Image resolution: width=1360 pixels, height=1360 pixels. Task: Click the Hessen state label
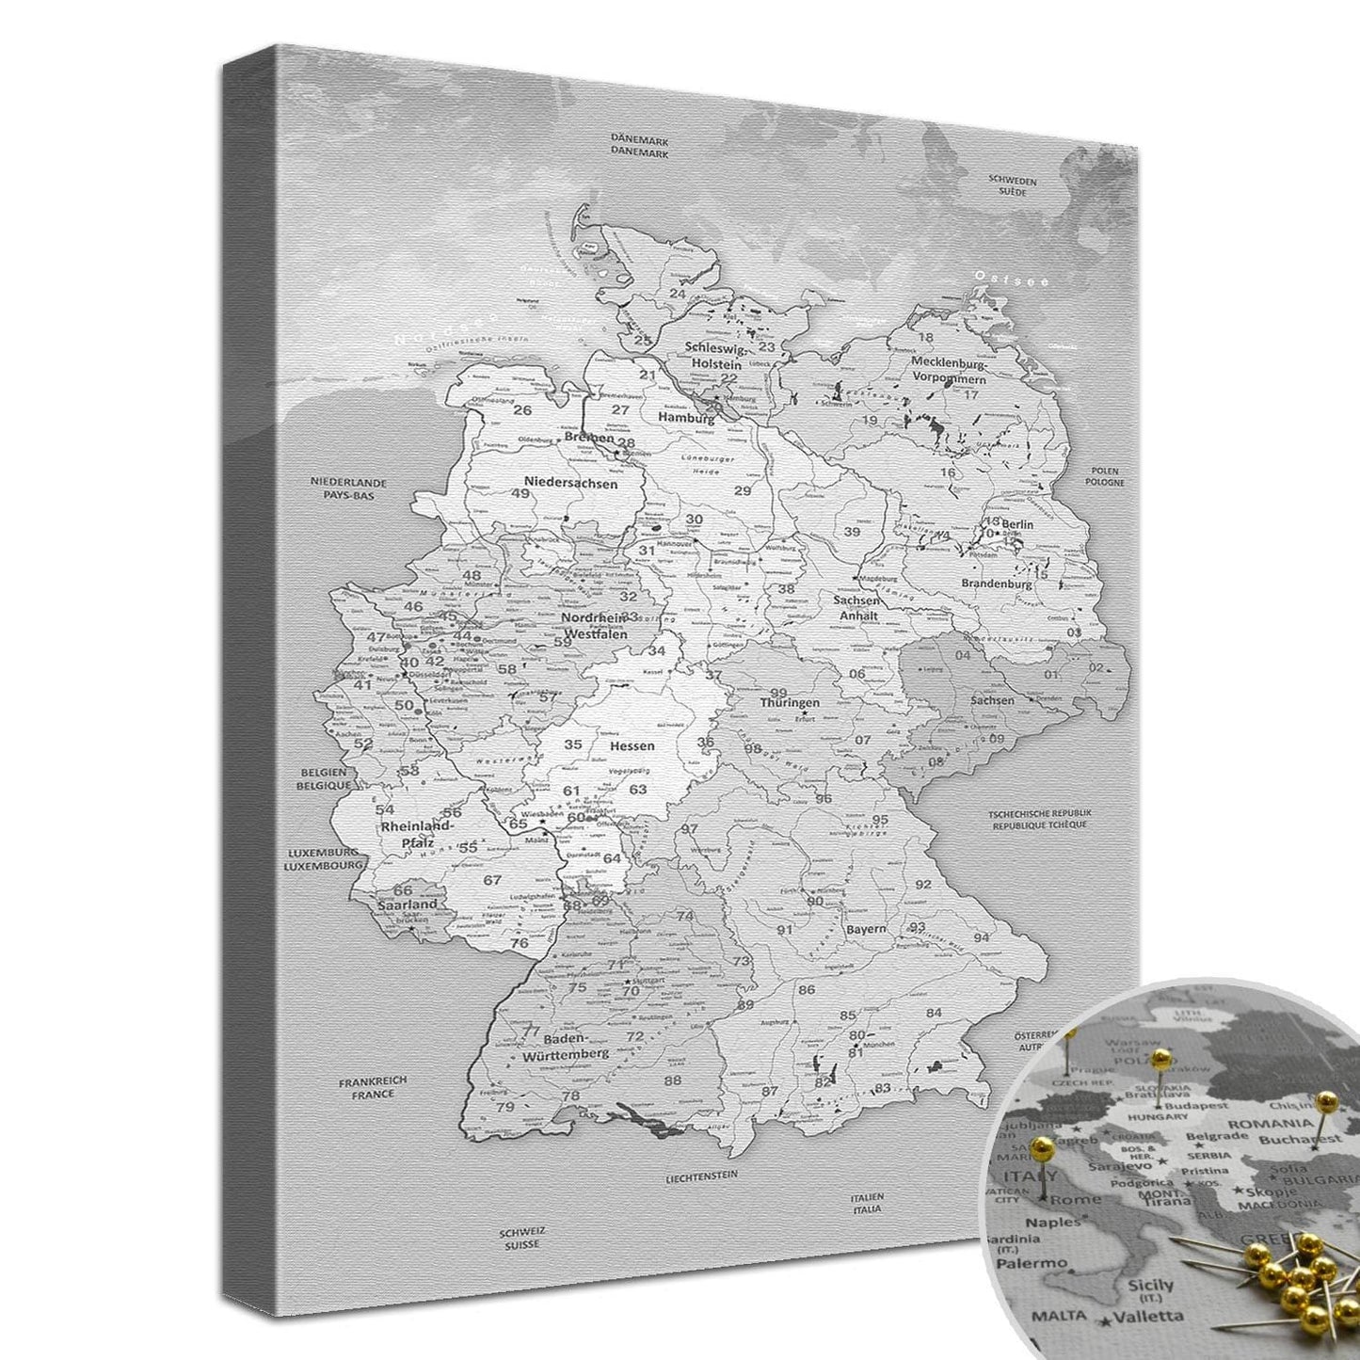point(632,745)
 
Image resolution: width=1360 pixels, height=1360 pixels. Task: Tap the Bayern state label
point(865,929)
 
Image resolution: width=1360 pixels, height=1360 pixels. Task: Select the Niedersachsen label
point(571,484)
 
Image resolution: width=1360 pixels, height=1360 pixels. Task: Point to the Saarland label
point(408,904)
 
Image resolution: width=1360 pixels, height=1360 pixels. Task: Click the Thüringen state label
point(790,702)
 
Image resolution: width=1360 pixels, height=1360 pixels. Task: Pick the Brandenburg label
point(997,584)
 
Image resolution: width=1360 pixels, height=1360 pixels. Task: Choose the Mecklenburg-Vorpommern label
point(948,370)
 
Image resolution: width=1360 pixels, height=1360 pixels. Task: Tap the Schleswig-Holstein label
point(715,354)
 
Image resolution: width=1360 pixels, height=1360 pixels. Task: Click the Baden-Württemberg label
point(577,1048)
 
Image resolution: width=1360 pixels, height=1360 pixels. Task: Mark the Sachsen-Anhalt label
point(857,608)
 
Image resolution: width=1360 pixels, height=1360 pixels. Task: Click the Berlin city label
point(1018,524)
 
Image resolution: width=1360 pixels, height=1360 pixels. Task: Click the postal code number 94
point(982,937)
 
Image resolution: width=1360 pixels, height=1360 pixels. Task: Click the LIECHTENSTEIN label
point(700,1176)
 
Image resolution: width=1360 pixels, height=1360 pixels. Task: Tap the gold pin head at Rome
point(1042,1147)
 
